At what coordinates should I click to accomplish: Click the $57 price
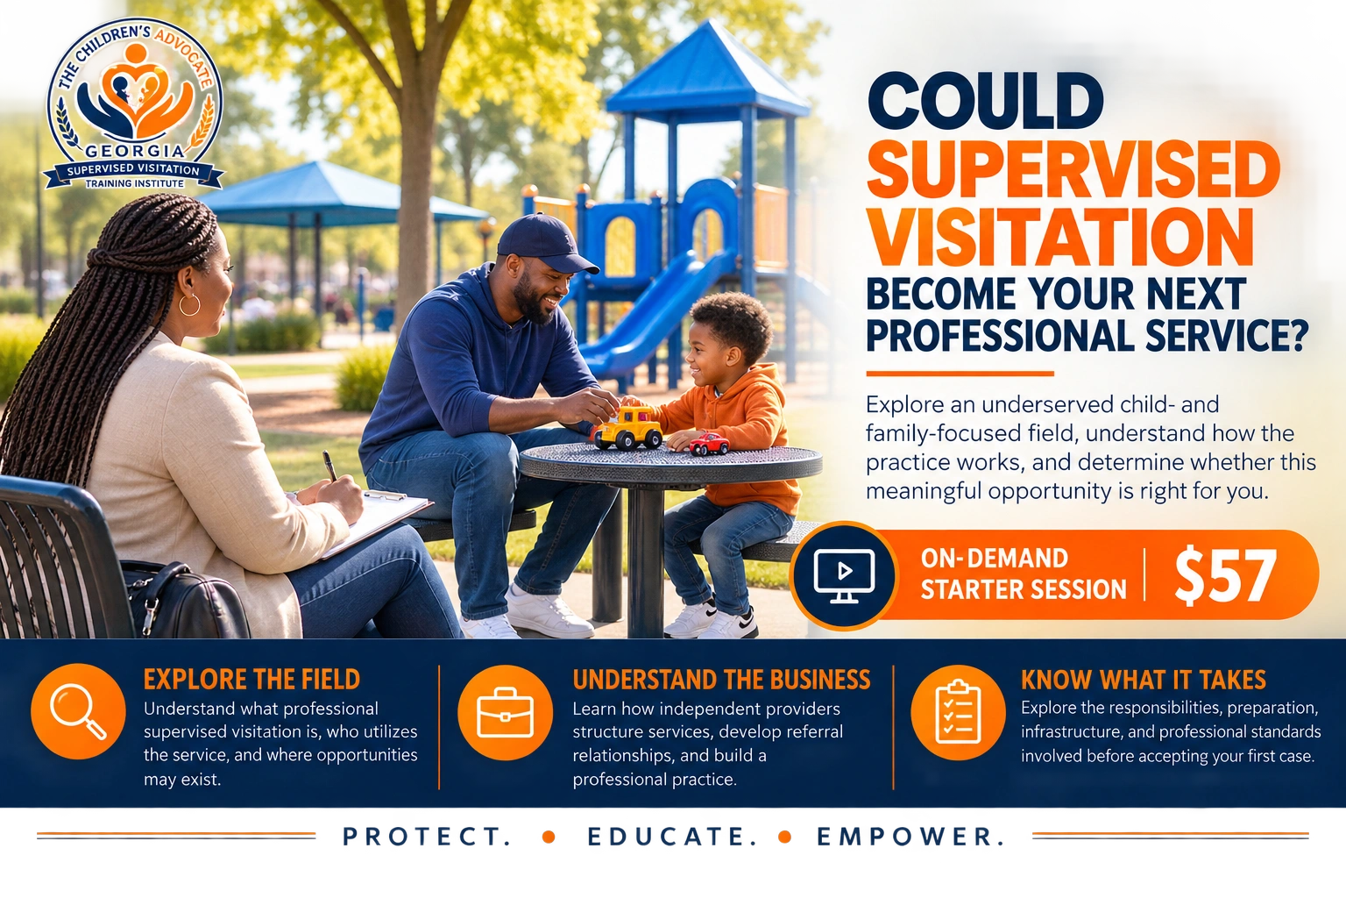pos(1225,575)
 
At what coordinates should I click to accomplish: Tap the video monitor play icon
pos(844,575)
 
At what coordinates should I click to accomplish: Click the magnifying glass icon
pos(78,712)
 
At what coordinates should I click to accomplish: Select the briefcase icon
pos(505,713)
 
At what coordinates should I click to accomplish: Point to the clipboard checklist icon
pos(958,712)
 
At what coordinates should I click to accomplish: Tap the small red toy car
pos(709,444)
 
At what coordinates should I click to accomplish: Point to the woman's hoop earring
pos(189,304)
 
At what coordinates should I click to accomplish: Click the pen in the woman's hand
pos(329,467)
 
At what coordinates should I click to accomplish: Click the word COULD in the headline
pos(986,101)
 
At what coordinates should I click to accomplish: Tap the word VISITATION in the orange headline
pos(1060,239)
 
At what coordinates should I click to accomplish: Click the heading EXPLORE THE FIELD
pos(251,679)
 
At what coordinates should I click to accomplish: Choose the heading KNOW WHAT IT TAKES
pos(1144,680)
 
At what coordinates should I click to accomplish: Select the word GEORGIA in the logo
pos(135,151)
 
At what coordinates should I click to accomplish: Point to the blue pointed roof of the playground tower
pos(707,69)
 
